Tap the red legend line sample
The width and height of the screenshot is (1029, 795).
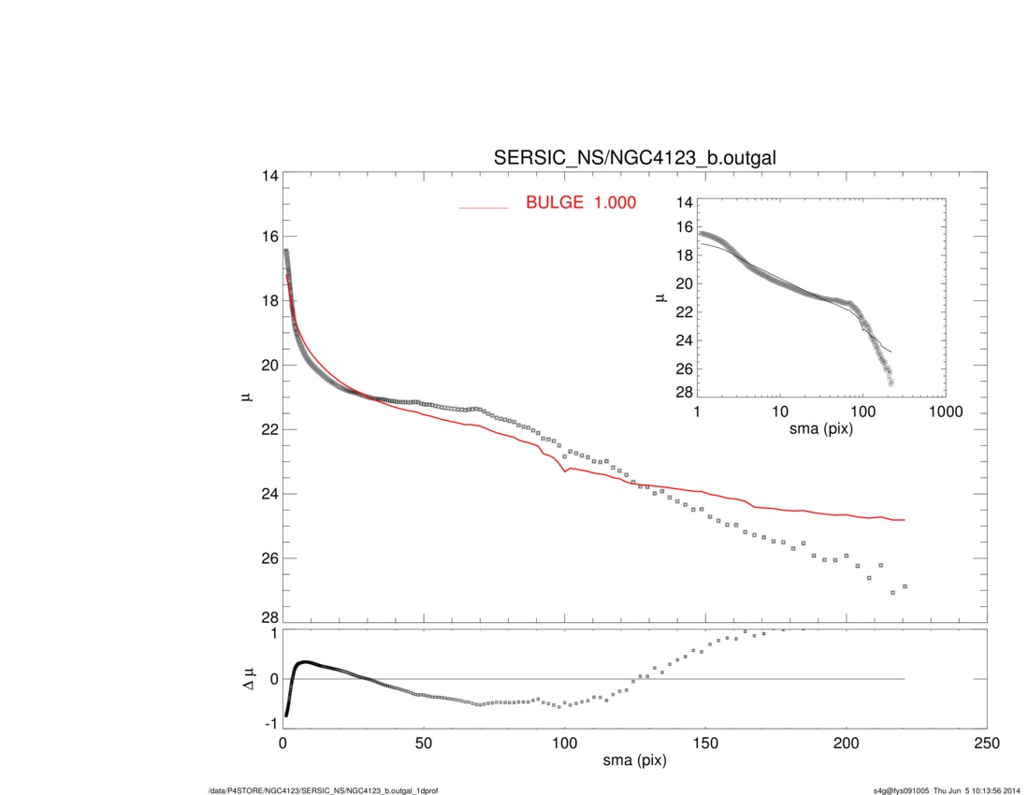pyautogui.click(x=483, y=207)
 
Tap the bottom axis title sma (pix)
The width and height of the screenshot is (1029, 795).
pyautogui.click(x=634, y=762)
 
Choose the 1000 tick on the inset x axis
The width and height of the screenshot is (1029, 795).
pyautogui.click(x=945, y=412)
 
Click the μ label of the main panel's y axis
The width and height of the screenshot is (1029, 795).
pyautogui.click(x=246, y=397)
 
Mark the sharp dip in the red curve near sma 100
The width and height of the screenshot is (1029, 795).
pyautogui.click(x=565, y=472)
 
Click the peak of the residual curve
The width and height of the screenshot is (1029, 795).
pyautogui.click(x=304, y=662)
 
